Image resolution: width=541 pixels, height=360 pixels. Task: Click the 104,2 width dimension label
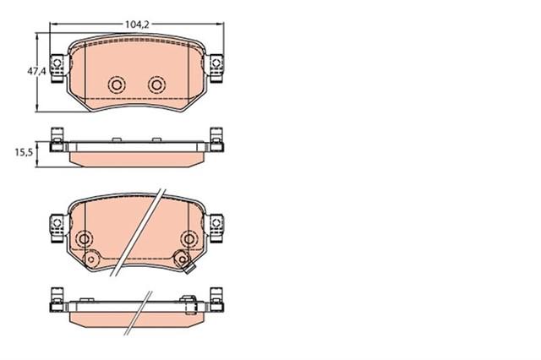point(137,25)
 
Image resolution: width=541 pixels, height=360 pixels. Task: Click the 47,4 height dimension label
point(36,72)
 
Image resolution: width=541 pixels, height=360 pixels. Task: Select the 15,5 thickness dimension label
point(24,152)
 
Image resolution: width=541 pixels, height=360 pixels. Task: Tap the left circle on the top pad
point(117,85)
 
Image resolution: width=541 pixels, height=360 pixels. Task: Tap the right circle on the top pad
point(157,85)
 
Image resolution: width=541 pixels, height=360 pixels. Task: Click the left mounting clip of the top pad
point(57,68)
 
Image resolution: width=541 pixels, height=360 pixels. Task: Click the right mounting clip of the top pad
point(216,68)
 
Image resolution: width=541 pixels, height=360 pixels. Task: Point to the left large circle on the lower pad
point(84,238)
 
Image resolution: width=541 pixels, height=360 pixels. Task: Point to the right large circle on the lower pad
point(189,238)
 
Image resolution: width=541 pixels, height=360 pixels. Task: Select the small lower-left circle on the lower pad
point(91,259)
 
